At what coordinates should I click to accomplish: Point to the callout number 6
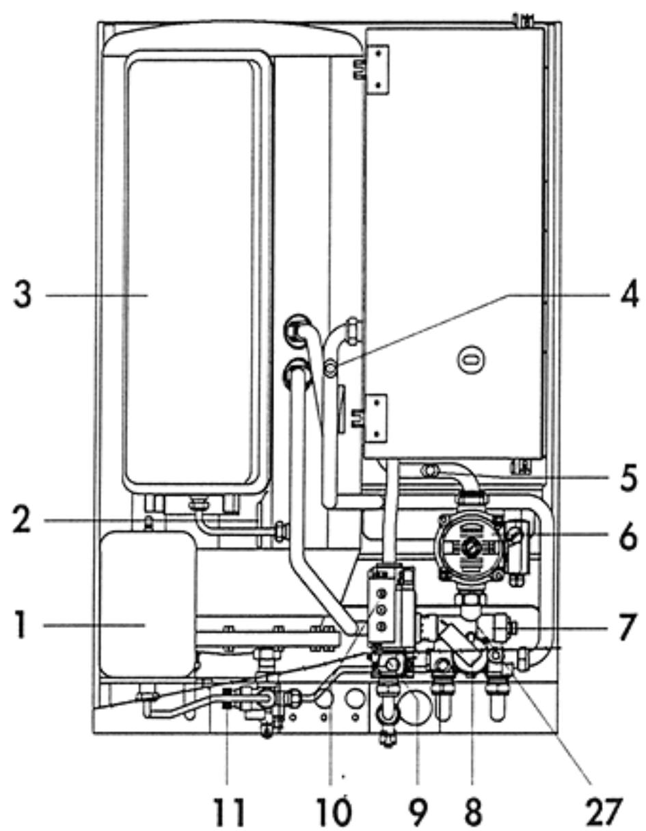pyautogui.click(x=627, y=538)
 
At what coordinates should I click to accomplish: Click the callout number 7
pyautogui.click(x=627, y=627)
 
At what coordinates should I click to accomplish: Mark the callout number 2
pyautogui.click(x=23, y=522)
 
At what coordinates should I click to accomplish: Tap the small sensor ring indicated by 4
pyautogui.click(x=329, y=370)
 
